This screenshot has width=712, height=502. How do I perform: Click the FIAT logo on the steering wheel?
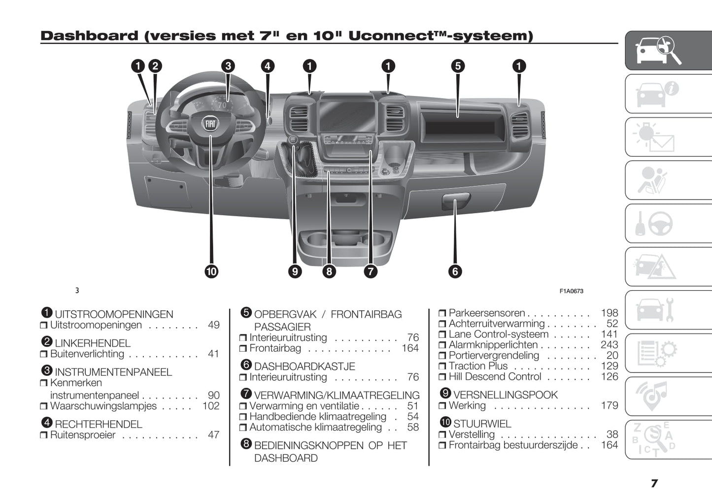click(210, 124)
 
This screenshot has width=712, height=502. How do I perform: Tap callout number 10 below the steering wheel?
click(211, 271)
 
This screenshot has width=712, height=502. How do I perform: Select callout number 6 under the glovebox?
click(455, 271)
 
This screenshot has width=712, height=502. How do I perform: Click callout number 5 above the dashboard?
click(458, 66)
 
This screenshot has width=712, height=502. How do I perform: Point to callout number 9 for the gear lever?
click(295, 271)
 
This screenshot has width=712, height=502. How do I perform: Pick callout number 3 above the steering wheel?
click(228, 66)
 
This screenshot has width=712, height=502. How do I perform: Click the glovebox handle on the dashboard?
click(455, 201)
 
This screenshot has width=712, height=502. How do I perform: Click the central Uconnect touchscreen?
click(348, 116)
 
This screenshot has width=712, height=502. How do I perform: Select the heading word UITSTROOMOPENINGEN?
click(114, 314)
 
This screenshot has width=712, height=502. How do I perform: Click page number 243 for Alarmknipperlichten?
click(609, 345)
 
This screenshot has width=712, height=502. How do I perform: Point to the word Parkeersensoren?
click(487, 313)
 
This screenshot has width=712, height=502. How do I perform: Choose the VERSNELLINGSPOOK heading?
click(505, 395)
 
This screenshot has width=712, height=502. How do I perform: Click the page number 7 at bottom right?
click(654, 483)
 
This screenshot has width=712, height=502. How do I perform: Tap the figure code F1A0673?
click(571, 291)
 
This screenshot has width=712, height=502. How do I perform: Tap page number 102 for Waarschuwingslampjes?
click(211, 406)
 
